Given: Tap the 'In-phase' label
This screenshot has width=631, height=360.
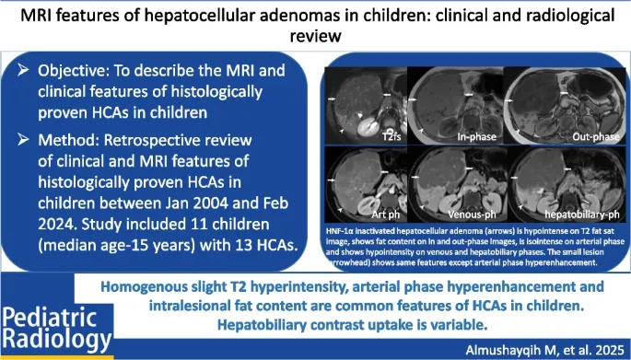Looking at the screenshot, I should [x=479, y=137].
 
